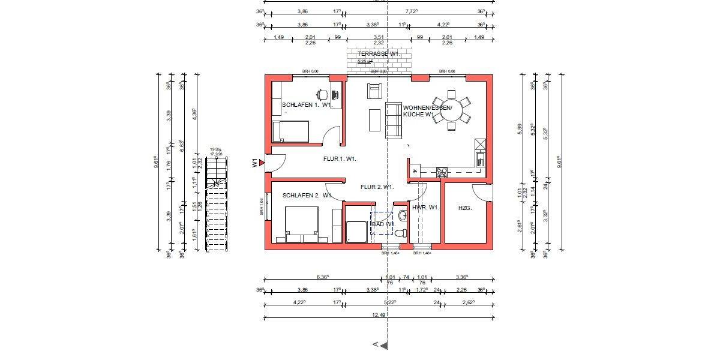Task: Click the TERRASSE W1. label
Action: [x=379, y=54]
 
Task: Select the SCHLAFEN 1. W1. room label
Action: [x=307, y=105]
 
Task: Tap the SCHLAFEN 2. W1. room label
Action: [x=307, y=196]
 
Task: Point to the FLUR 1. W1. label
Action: [x=340, y=159]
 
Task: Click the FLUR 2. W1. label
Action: [x=377, y=187]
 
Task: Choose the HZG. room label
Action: [x=465, y=208]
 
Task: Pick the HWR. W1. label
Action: [x=426, y=208]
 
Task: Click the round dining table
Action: [x=452, y=110]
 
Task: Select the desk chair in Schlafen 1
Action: [x=322, y=94]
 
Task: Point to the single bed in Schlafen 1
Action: [x=290, y=131]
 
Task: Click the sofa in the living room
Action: [x=393, y=120]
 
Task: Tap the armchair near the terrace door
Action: [x=375, y=91]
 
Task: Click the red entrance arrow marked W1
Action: [x=261, y=162]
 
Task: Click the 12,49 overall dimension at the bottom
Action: [x=379, y=313]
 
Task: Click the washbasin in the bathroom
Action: [x=402, y=215]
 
